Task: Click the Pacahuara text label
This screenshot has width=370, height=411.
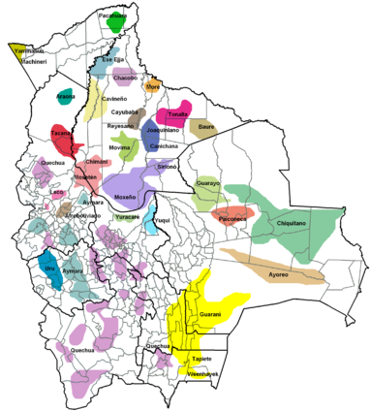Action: (x=112, y=16)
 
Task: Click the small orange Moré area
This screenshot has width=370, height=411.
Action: (x=152, y=86)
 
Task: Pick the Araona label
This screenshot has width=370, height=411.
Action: (x=66, y=97)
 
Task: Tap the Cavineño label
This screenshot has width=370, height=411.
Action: (x=115, y=99)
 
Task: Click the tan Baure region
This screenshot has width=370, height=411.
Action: (x=202, y=127)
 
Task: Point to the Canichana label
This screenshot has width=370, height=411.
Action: (x=164, y=146)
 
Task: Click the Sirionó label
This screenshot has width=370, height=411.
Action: (x=170, y=168)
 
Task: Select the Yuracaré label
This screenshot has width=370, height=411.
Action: (x=129, y=217)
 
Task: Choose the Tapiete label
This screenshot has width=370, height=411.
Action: (x=201, y=360)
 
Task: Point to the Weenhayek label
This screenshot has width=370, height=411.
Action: (x=202, y=373)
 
